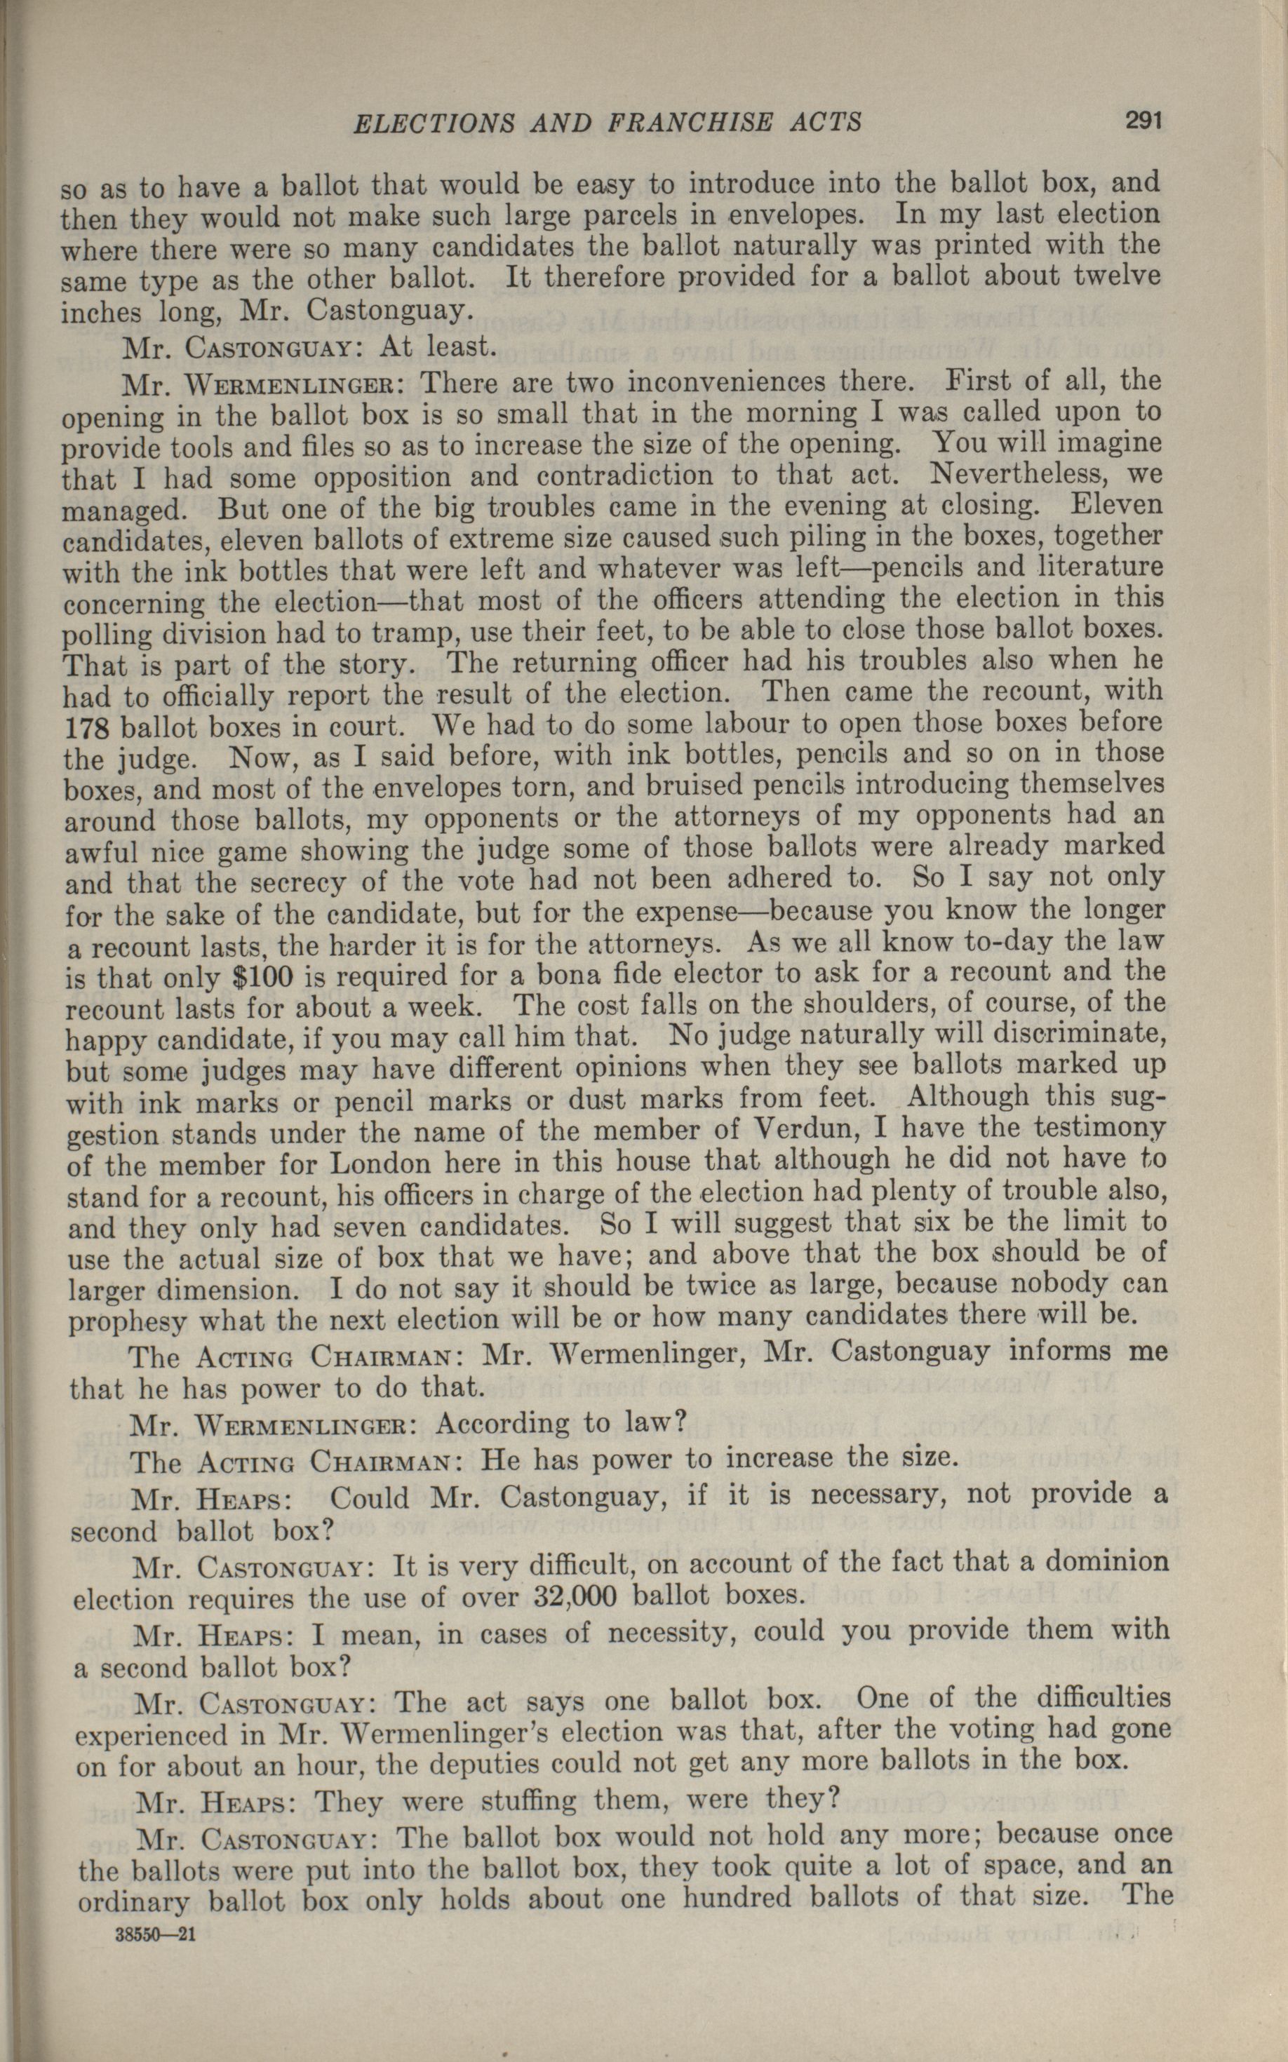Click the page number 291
coord(1143,121)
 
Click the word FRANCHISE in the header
coord(687,123)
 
